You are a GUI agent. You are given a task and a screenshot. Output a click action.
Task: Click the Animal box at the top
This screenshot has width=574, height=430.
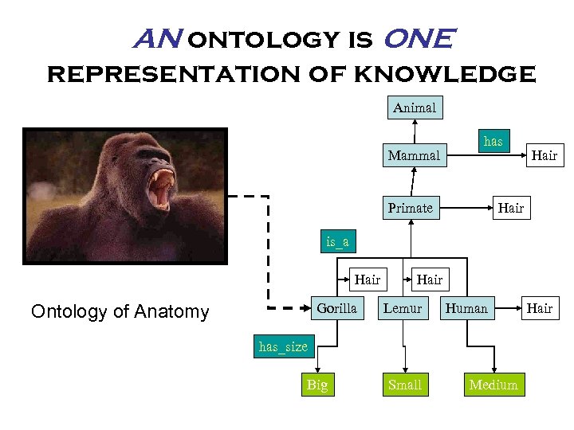tap(415, 107)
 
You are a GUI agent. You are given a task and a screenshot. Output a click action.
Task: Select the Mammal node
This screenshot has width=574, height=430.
tap(413, 155)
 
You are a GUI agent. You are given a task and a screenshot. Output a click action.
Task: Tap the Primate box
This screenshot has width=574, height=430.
tap(410, 208)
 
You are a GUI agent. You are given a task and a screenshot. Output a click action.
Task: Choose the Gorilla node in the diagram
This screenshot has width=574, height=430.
tap(336, 308)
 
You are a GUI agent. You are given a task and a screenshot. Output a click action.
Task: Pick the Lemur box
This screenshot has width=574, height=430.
tap(403, 308)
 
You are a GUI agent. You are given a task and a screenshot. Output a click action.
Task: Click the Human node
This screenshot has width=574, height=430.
tap(466, 308)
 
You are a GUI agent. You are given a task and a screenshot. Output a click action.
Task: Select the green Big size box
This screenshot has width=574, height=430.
tap(316, 385)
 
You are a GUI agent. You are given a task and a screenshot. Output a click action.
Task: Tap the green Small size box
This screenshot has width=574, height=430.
tap(404, 385)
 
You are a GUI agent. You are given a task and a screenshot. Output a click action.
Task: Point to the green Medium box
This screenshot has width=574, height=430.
tap(493, 385)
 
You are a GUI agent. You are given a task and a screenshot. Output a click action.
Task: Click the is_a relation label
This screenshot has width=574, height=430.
tap(336, 241)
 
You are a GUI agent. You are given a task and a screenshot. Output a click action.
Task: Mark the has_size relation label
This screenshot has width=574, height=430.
tap(282, 346)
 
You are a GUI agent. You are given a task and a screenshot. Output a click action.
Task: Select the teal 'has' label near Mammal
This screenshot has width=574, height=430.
tap(493, 141)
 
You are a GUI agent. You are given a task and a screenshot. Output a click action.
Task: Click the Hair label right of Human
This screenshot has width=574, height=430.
tap(540, 308)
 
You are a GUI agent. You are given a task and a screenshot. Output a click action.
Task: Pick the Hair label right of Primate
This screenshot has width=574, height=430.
tap(511, 208)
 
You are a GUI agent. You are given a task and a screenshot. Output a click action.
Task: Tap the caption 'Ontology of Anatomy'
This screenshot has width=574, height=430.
tap(120, 311)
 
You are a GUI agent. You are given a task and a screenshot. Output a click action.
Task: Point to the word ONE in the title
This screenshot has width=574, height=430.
tap(419, 38)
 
